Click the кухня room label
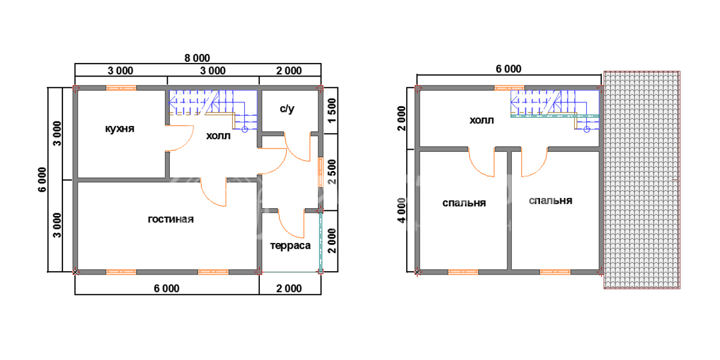[x=120, y=129]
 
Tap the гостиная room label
[x=170, y=219]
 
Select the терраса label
[x=290, y=246]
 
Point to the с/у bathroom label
[x=287, y=109]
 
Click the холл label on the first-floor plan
[x=218, y=136]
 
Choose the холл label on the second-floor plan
[x=481, y=120]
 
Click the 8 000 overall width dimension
[x=197, y=58]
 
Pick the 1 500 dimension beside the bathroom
[x=332, y=111]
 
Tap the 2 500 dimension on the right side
[x=332, y=172]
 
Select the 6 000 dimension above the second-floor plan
[x=508, y=69]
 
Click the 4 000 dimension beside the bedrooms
[x=402, y=210]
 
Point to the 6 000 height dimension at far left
[x=42, y=179]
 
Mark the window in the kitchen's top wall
[x=121, y=88]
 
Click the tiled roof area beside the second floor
[x=642, y=180]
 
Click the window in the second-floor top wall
[x=509, y=88]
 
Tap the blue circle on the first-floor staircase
[x=245, y=129]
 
